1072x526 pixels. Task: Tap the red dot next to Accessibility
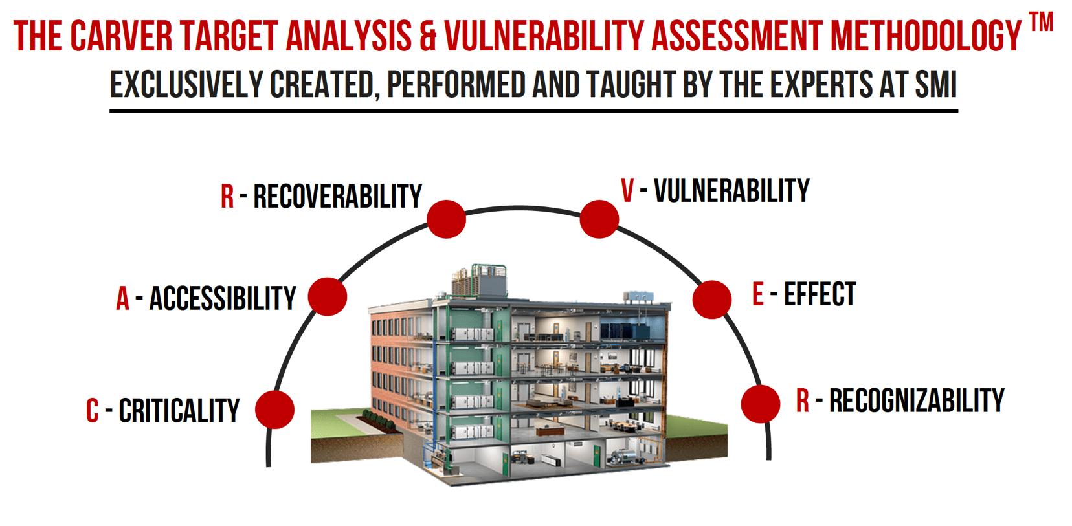(x=328, y=297)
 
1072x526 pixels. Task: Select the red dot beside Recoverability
(x=447, y=219)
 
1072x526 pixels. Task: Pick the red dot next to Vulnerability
(x=599, y=218)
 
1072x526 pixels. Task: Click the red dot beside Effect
(x=712, y=299)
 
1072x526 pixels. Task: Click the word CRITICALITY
(x=179, y=411)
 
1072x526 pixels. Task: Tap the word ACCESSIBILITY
(x=223, y=298)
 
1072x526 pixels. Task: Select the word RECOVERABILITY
(x=337, y=196)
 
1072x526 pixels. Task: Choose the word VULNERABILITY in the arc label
(x=731, y=191)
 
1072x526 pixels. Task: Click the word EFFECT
(x=820, y=294)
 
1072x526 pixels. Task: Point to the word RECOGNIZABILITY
(x=917, y=400)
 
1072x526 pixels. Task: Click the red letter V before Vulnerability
(x=627, y=192)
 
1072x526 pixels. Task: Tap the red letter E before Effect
(x=759, y=295)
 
